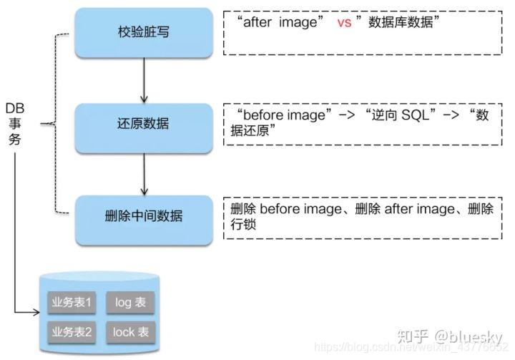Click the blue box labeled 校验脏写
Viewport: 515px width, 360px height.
pyautogui.click(x=144, y=32)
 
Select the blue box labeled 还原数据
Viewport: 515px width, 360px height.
pyautogui.click(x=144, y=124)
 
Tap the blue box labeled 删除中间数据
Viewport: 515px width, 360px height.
pyautogui.click(x=144, y=215)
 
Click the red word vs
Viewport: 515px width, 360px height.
pyautogui.click(x=344, y=23)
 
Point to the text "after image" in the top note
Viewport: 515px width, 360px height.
pyautogui.click(x=280, y=23)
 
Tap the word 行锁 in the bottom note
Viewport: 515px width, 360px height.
pyautogui.click(x=244, y=225)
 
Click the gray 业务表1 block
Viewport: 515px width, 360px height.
pyautogui.click(x=72, y=303)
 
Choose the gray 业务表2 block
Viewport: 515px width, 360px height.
pyautogui.click(x=72, y=331)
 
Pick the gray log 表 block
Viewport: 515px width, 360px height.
pyautogui.click(x=130, y=303)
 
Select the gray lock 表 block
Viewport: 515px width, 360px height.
pyautogui.click(x=130, y=331)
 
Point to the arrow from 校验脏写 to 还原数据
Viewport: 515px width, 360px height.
pyautogui.click(x=144, y=79)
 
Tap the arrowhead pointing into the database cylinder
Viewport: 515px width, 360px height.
pyautogui.click(x=36, y=313)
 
